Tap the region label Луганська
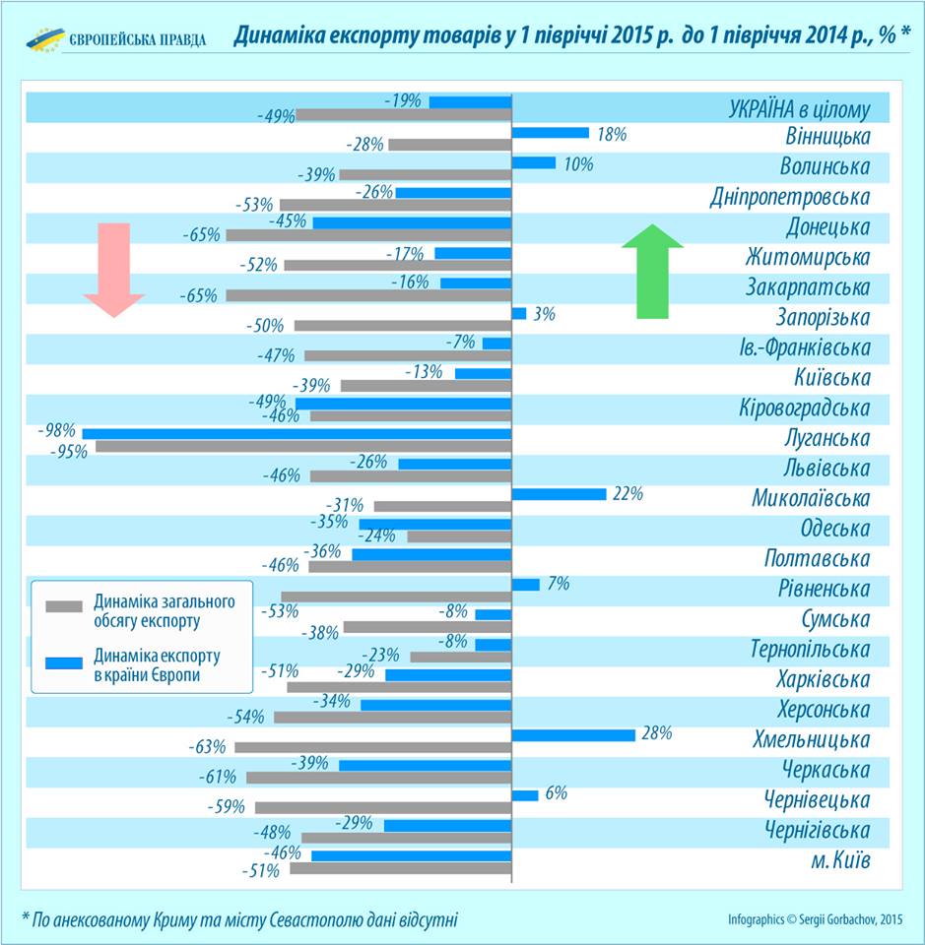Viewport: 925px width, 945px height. point(823,437)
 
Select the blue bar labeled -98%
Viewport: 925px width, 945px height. point(297,433)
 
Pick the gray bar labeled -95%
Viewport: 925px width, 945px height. point(303,446)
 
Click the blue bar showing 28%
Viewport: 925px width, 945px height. point(573,734)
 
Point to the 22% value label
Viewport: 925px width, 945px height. point(628,493)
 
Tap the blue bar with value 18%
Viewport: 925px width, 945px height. point(551,132)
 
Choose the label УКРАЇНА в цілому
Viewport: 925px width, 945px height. point(792,106)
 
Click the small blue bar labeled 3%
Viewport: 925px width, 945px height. point(519,313)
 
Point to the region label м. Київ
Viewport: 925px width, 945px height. point(836,860)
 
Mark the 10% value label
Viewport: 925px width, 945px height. point(579,164)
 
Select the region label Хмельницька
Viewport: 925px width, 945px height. point(811,739)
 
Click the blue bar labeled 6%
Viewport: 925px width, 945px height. point(525,795)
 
